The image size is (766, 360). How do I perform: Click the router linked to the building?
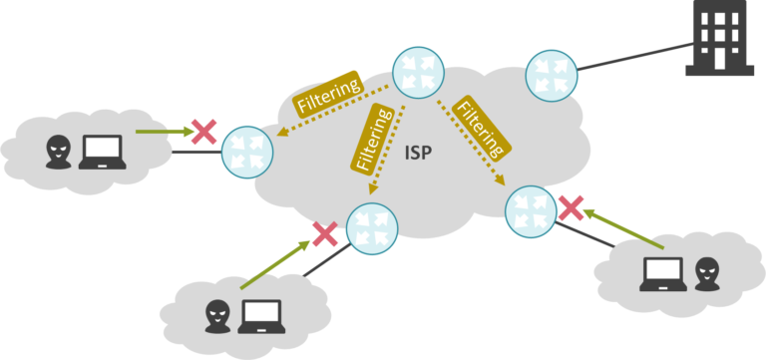pos(551,72)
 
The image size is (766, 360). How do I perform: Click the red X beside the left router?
pos(204,131)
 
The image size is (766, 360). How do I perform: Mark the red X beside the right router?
pos(571,207)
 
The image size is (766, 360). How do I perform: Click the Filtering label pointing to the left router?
pos(326,92)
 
